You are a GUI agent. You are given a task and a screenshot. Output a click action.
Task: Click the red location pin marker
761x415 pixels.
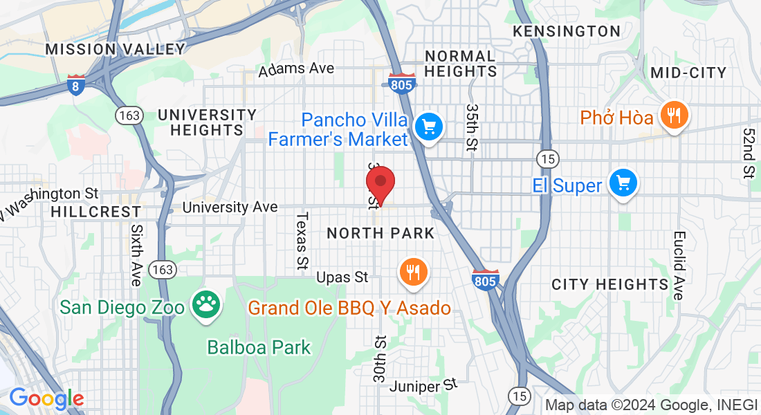[x=380, y=183]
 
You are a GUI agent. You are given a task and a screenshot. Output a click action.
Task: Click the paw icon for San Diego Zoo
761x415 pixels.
[x=205, y=305]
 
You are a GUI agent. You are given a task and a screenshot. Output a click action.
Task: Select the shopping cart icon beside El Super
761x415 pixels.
[x=623, y=183]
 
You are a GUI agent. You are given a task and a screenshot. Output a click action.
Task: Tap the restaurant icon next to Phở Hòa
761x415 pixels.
[x=672, y=114]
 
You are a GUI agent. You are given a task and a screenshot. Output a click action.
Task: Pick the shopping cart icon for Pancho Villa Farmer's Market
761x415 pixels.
[x=428, y=127]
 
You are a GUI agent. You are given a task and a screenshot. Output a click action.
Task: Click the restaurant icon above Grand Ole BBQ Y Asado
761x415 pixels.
[x=414, y=271]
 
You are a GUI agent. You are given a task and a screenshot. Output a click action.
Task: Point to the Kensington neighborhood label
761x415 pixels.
[x=566, y=31]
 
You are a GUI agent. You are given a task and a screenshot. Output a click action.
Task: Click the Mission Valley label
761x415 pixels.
[x=116, y=49]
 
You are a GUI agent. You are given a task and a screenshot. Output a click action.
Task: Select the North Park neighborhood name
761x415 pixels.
[x=380, y=233]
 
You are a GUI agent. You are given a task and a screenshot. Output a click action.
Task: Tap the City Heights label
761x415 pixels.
[x=609, y=284]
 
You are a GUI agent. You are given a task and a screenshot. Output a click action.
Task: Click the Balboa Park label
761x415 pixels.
[x=259, y=347]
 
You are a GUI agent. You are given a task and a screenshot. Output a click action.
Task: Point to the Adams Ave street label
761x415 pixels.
[x=296, y=69]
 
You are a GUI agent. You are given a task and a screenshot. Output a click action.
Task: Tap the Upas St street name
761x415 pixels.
[x=342, y=277]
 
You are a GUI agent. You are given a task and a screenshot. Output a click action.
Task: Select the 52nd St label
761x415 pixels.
[x=748, y=153]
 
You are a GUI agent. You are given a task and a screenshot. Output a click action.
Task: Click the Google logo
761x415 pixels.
[x=46, y=398]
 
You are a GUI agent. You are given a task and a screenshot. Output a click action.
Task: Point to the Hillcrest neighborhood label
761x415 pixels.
[x=95, y=212]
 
